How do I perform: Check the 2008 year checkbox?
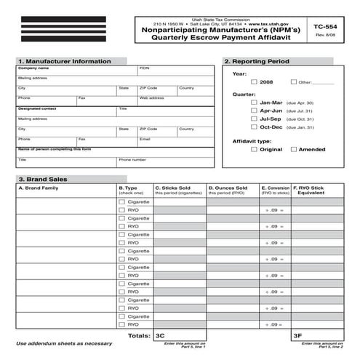[254, 82]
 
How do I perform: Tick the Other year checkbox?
[294, 82]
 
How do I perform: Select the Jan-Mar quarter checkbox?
[254, 103]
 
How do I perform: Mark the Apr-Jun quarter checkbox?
[254, 111]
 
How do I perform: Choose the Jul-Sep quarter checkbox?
[254, 119]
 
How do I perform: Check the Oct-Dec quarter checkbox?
[254, 127]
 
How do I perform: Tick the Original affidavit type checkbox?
[254, 149]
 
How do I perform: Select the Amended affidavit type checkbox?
[294, 149]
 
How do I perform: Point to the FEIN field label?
[144, 67]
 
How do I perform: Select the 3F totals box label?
[297, 337]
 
